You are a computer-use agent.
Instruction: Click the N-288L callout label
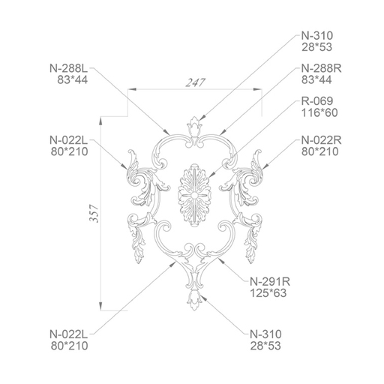pyautogui.click(x=69, y=68)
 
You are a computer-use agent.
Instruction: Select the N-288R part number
pyautogui.click(x=321, y=68)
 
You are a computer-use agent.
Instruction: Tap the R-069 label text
pyautogui.click(x=317, y=101)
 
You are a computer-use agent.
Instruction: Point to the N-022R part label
pyautogui.click(x=321, y=140)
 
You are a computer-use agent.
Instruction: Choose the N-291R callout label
pyautogui.click(x=270, y=282)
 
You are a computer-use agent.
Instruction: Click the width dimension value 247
pyautogui.click(x=195, y=82)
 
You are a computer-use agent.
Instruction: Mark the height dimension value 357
pyautogui.click(x=94, y=213)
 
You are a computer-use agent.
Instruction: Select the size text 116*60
pyautogui.click(x=319, y=112)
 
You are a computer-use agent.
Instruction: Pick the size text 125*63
pyautogui.click(x=268, y=293)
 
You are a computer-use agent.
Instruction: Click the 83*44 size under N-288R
pyautogui.click(x=316, y=80)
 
